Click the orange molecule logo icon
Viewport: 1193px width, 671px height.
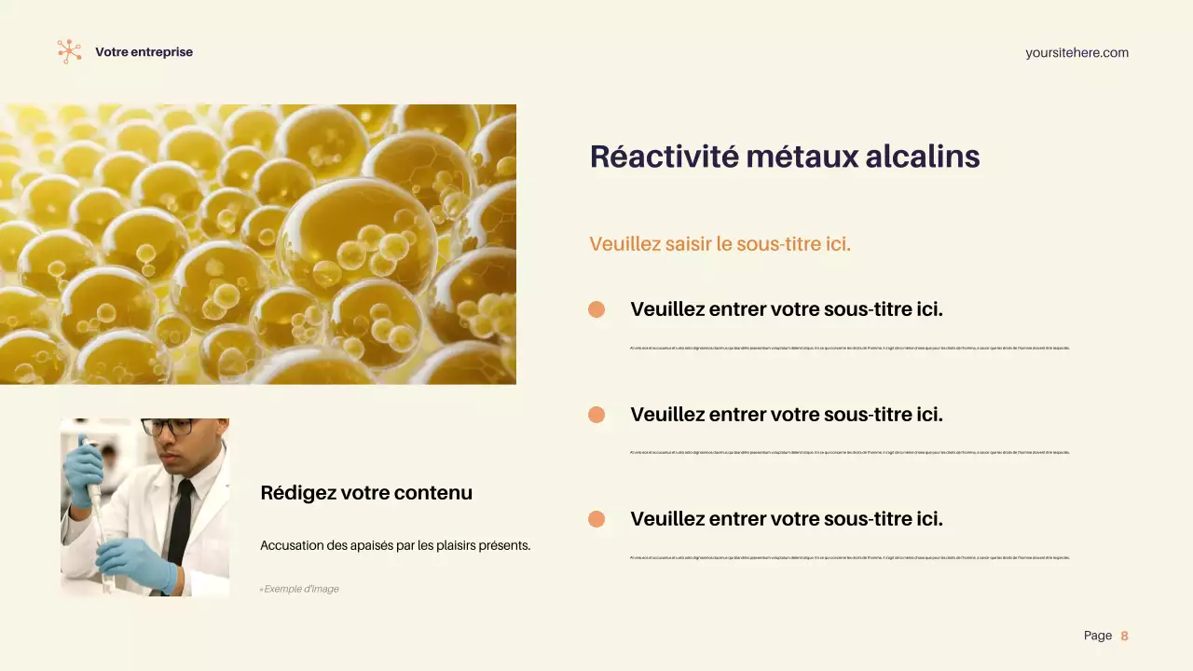point(69,51)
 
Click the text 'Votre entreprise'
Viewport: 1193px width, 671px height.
point(144,52)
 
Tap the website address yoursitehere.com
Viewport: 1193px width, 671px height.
point(1076,53)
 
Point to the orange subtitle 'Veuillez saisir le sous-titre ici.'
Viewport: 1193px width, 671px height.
point(720,244)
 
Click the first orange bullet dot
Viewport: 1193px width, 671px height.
point(596,309)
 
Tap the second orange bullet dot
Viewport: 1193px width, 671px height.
point(596,415)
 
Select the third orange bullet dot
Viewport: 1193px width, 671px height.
point(596,519)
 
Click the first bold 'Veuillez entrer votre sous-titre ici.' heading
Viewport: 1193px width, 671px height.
point(787,309)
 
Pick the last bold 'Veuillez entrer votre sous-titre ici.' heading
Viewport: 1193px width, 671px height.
point(787,519)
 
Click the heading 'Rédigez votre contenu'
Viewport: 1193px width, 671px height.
point(366,493)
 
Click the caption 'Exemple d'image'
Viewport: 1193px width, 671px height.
point(301,589)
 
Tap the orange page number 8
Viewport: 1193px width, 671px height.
point(1124,636)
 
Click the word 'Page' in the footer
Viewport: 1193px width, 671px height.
point(1097,636)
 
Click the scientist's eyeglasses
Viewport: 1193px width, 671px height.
point(169,427)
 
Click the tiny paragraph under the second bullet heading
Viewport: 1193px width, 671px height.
point(849,453)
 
